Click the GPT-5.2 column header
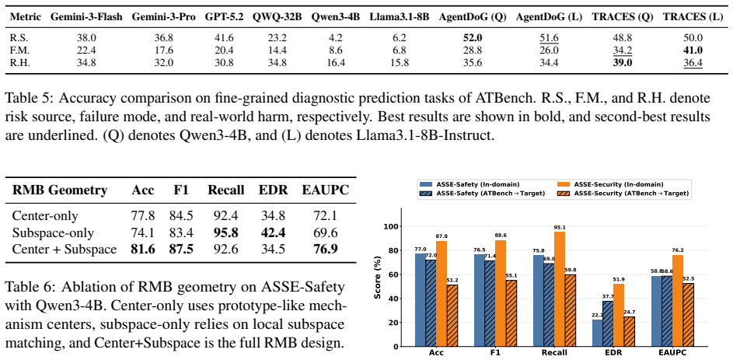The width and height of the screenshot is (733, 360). pyautogui.click(x=225, y=17)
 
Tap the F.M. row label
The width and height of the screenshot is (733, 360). pyautogui.click(x=20, y=51)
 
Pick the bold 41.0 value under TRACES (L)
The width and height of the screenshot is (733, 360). pyautogui.click(x=693, y=51)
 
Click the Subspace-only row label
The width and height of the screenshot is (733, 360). pyautogui.click(x=53, y=232)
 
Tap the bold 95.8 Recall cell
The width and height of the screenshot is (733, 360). pyautogui.click(x=225, y=232)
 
